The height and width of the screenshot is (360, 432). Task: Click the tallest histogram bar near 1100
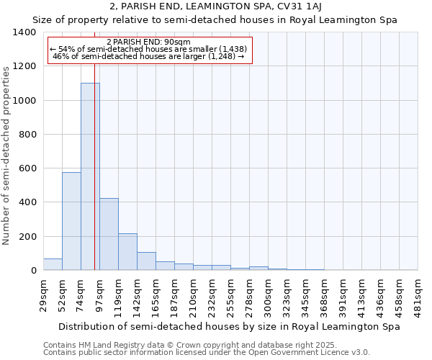click(90, 176)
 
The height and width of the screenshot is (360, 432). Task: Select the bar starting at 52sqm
click(71, 221)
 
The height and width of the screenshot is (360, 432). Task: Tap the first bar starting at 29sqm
click(53, 264)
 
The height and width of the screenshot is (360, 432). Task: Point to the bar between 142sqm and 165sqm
click(146, 261)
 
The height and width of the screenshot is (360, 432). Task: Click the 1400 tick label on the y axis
click(24, 32)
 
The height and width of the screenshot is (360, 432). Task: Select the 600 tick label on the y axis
click(27, 168)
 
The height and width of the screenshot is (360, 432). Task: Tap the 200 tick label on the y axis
click(27, 236)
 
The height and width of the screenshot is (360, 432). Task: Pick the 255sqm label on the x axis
click(230, 294)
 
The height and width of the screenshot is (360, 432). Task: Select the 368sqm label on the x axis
click(324, 294)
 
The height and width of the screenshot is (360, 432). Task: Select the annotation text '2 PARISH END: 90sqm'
click(148, 42)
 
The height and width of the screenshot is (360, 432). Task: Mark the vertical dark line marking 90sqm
click(94, 180)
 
